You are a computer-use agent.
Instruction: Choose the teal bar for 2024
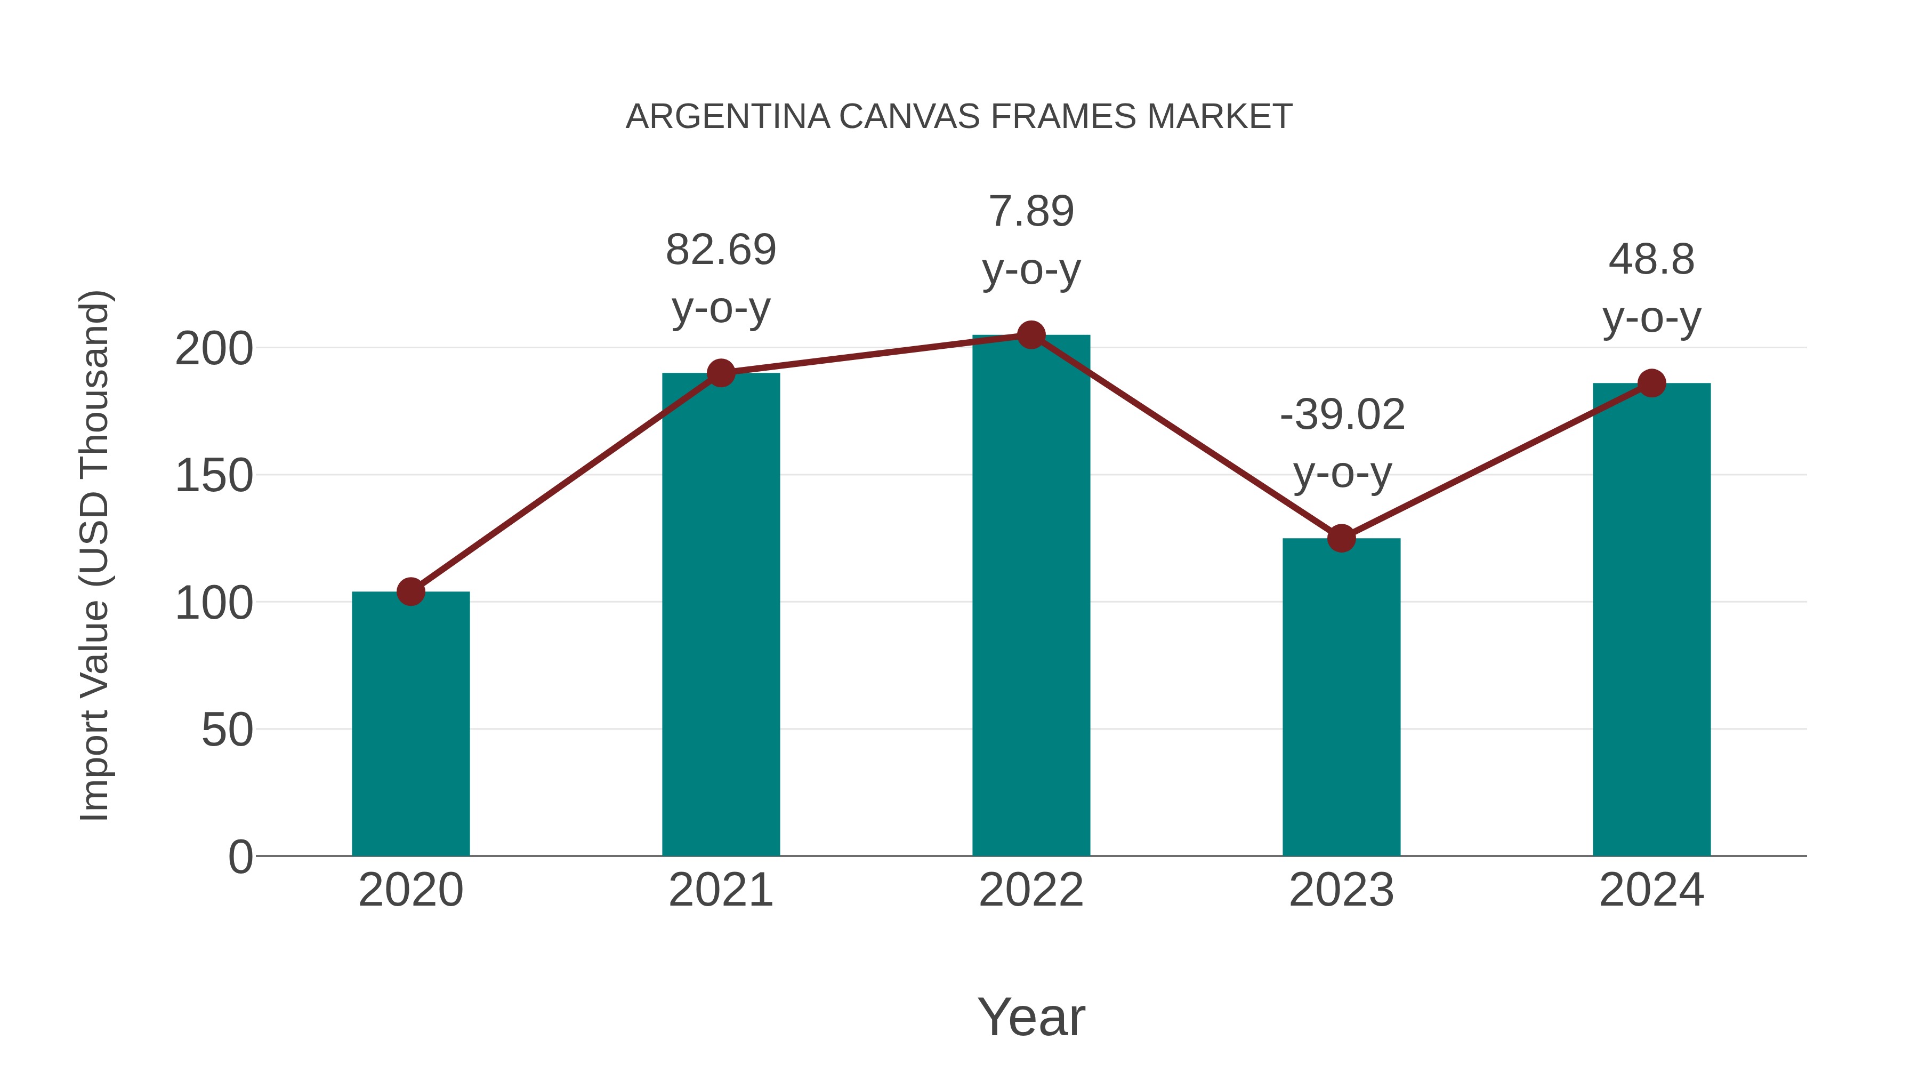pos(1651,619)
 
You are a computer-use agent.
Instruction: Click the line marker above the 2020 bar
pos(410,592)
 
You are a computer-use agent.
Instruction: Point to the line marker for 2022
pos(1031,335)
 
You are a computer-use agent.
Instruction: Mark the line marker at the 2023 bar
pos(1341,538)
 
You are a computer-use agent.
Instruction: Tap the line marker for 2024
pos(1651,383)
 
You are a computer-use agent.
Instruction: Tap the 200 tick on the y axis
pos(214,349)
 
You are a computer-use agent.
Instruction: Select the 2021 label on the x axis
pos(720,890)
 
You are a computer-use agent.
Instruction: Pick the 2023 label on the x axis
pos(1341,890)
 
